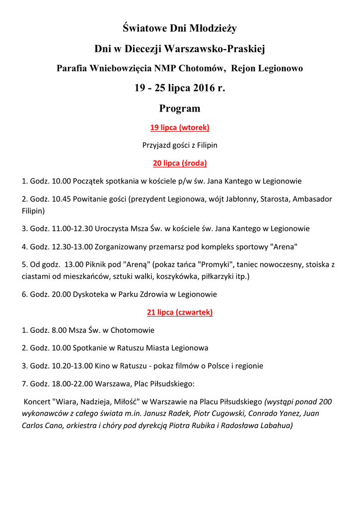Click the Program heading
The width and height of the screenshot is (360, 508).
coord(180,108)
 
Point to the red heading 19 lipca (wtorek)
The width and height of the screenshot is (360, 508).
coord(180,127)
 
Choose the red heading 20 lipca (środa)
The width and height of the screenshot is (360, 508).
coord(180,163)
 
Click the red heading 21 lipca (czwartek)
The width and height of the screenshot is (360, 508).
coord(180,312)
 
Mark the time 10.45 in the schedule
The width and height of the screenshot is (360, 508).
coord(61,199)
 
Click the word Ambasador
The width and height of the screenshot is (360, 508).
coord(312,199)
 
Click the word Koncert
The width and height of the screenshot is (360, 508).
coord(37,401)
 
